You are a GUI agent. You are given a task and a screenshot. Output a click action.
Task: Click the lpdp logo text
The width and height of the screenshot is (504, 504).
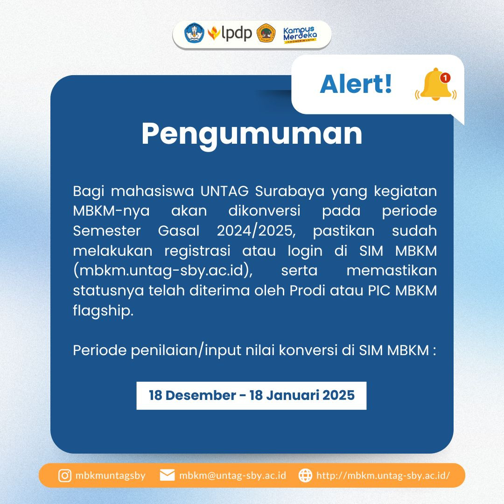[237, 33]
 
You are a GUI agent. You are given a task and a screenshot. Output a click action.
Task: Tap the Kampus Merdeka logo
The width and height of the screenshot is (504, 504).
[300, 35]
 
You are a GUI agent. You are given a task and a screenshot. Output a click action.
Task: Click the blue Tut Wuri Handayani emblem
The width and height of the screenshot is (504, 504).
[194, 33]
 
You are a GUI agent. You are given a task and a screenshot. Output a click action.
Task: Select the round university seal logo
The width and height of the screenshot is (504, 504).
[266, 33]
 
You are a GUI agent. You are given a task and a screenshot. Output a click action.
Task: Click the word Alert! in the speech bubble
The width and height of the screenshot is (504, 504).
[356, 84]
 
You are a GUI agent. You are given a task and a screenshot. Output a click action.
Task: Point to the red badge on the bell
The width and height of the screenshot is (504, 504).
[445, 78]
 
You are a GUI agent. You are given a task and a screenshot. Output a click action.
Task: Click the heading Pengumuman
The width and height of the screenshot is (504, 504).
[252, 134]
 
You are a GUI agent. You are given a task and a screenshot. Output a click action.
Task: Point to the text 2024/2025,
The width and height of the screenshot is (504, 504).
[256, 231]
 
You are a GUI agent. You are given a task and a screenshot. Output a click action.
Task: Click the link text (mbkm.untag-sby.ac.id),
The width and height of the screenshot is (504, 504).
[163, 271]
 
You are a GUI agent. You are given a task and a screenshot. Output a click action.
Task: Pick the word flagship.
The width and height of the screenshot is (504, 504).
[103, 311]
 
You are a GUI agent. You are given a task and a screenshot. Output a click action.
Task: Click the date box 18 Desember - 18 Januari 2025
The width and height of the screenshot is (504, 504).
[252, 395]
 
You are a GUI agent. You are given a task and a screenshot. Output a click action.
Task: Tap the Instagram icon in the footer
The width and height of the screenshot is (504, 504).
[64, 476]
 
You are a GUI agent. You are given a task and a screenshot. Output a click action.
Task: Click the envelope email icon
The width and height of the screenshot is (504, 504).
[167, 475]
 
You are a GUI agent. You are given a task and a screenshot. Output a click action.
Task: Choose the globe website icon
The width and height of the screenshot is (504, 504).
[305, 476]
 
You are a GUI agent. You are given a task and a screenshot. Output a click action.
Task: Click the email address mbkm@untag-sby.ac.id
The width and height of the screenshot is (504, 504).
[233, 476]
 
